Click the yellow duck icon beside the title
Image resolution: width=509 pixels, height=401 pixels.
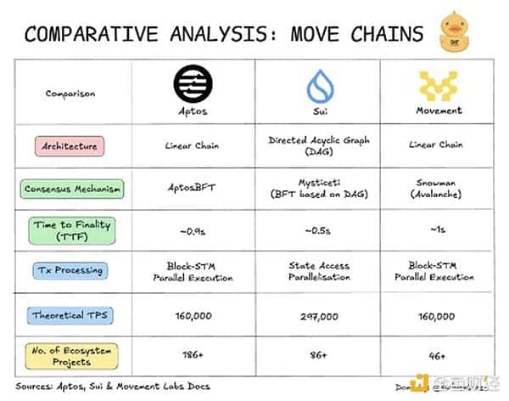pyautogui.click(x=456, y=31)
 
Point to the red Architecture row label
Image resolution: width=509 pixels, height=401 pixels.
pyautogui.click(x=70, y=146)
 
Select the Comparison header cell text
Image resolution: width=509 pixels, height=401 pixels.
pyautogui.click(x=70, y=93)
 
